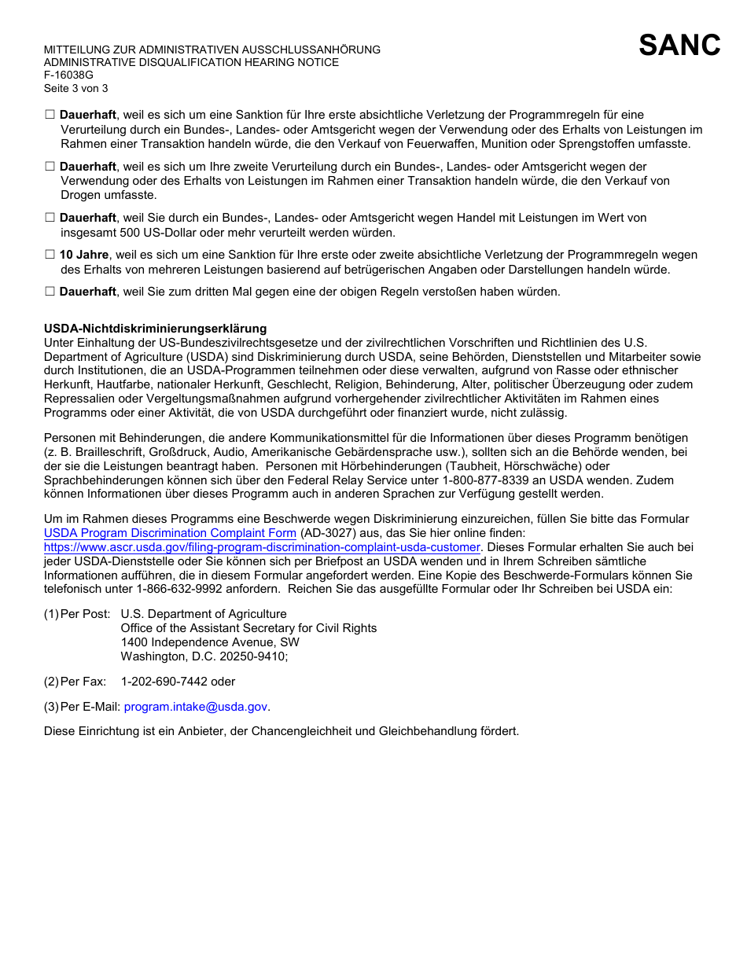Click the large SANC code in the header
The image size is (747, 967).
coord(679,46)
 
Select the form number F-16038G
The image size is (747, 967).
coord(68,75)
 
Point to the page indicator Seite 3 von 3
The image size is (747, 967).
coord(75,88)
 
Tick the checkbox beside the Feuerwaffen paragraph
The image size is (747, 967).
coord(50,115)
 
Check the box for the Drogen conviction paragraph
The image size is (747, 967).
coord(50,167)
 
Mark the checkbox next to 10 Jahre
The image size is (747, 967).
coord(50,255)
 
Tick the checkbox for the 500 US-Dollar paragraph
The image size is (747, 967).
coord(50,218)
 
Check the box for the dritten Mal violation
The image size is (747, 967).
coord(50,292)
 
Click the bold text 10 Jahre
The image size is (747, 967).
coord(84,255)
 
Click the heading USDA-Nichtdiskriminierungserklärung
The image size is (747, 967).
coord(155,329)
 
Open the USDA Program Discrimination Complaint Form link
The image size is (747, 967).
coord(170,533)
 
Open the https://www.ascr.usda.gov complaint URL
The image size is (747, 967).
coord(261,547)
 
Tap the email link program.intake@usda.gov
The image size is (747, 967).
coord(196,707)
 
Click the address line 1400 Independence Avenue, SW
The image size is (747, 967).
coord(210,642)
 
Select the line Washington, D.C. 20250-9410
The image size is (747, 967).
coord(204,656)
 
